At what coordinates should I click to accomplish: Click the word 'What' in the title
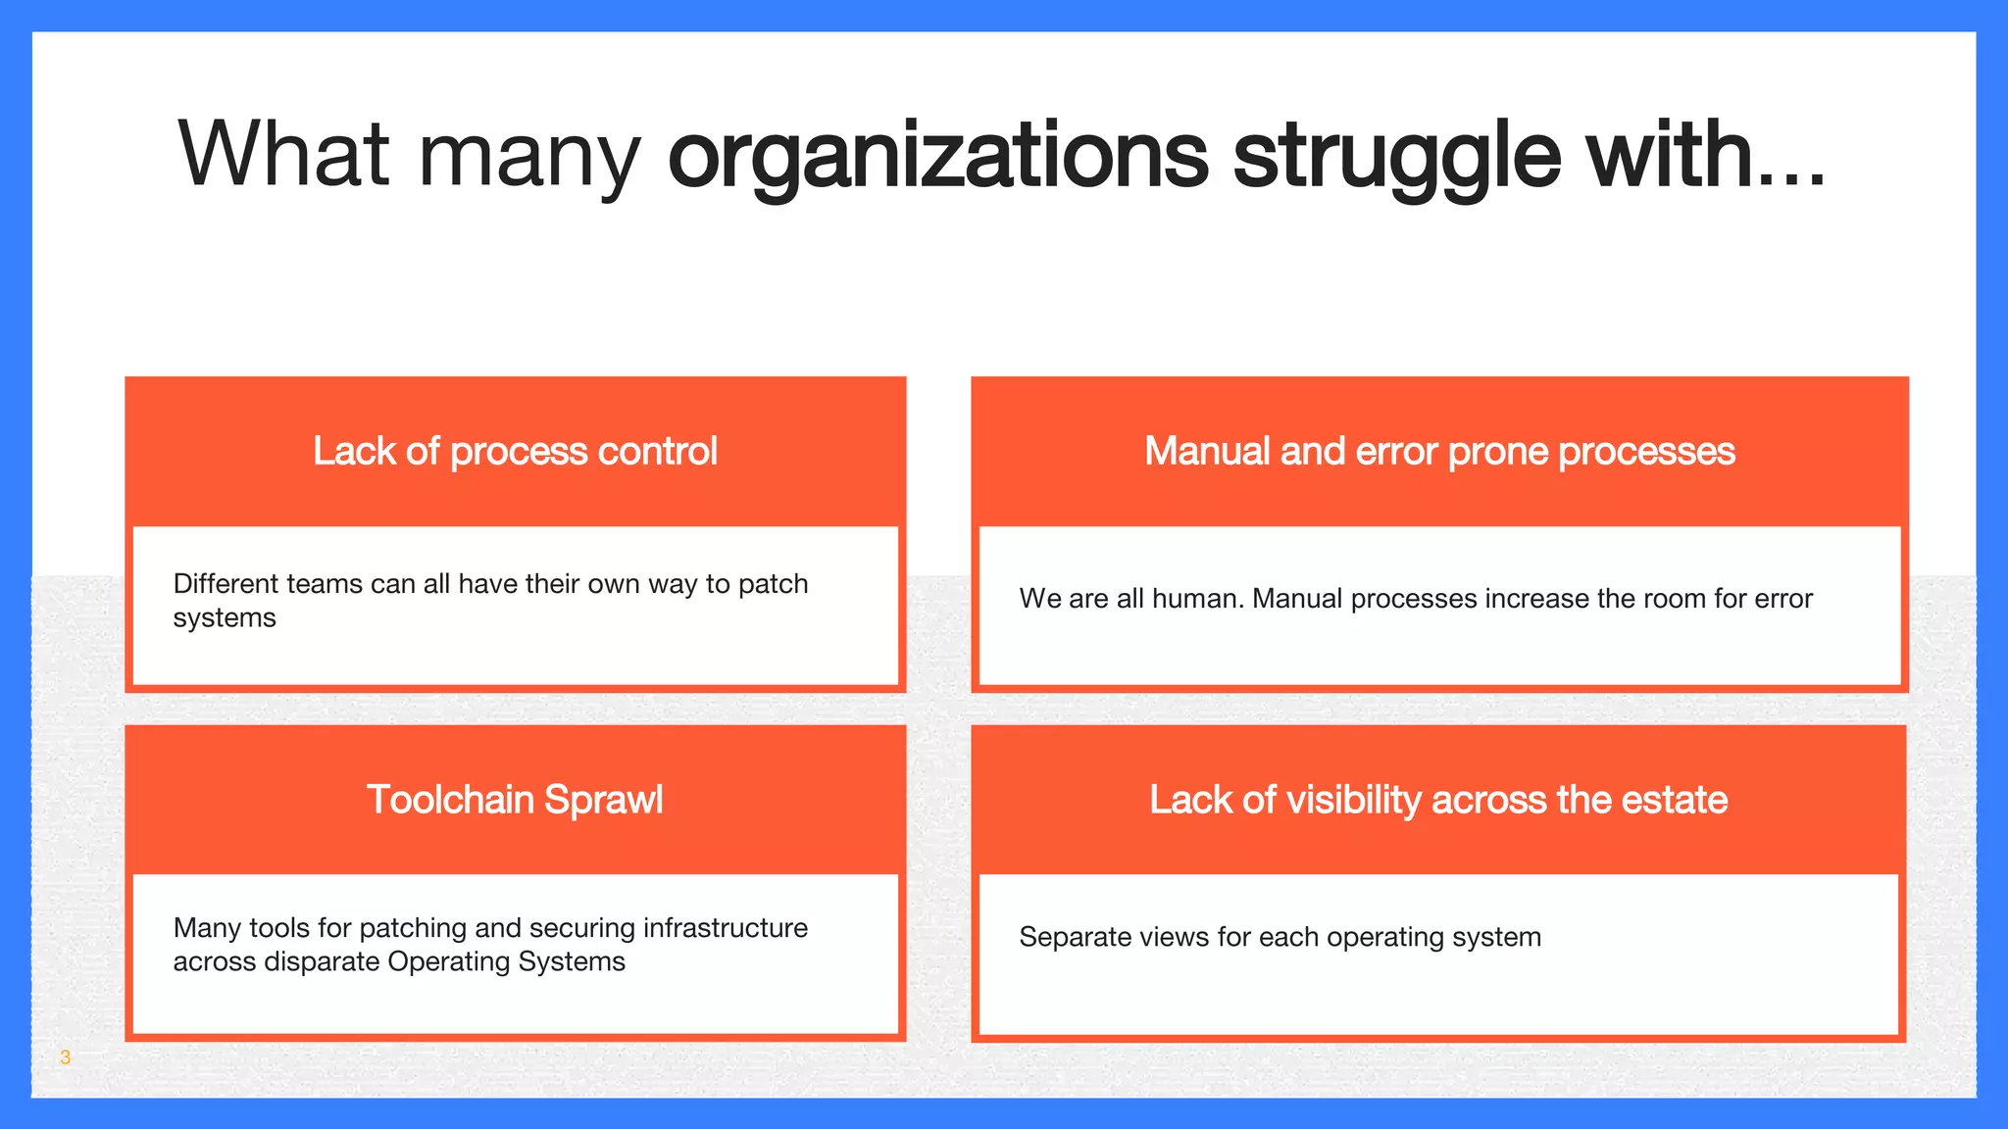pos(284,154)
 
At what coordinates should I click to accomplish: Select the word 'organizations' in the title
pos(937,156)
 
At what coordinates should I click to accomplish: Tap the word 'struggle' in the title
pos(1396,156)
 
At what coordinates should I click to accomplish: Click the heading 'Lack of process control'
pos(515,452)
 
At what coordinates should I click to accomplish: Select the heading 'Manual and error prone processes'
pos(1439,452)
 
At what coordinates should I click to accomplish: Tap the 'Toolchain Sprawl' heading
pos(515,800)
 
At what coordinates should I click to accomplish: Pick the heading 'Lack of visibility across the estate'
pos(1438,800)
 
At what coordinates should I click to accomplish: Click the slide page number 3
pos(66,1057)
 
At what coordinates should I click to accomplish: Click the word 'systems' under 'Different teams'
pos(225,618)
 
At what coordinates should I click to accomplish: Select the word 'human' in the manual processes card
pos(1197,599)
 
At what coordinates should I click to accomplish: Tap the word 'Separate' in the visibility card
pos(1070,938)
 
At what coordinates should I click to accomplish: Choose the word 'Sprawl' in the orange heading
pos(603,800)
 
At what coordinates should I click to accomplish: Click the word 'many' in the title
pos(528,156)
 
